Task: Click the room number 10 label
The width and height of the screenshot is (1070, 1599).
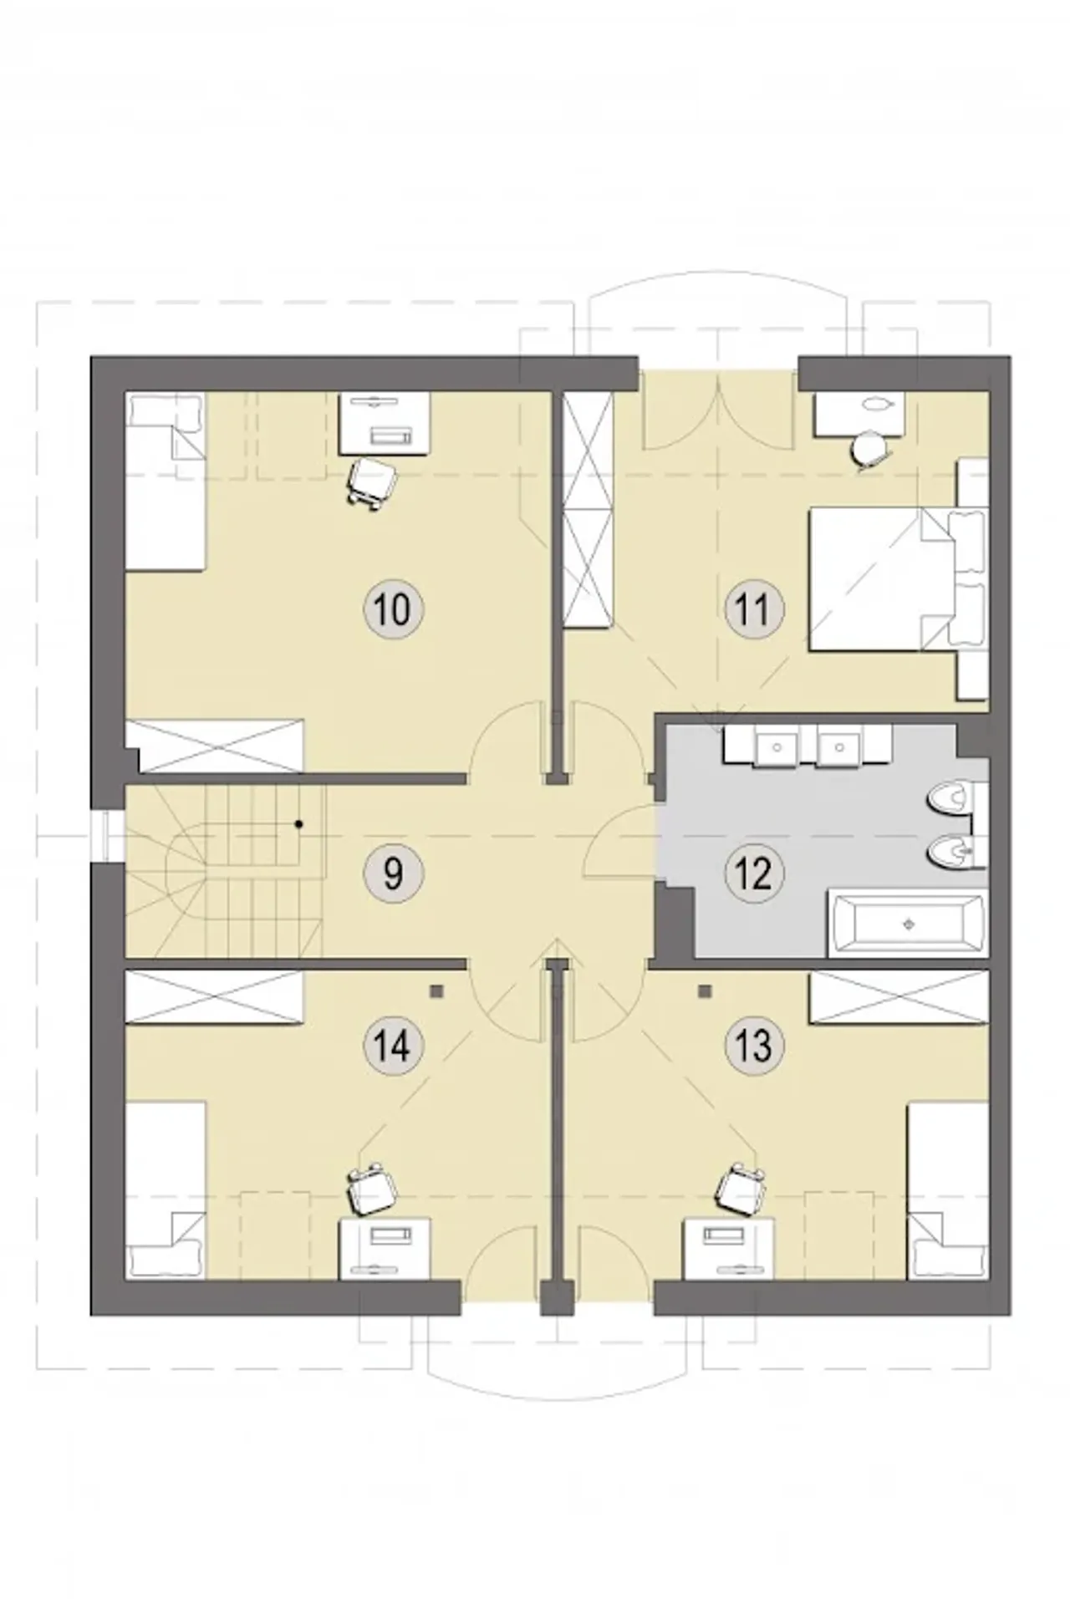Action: pos(393,609)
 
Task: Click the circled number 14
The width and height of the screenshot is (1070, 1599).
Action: pos(393,1045)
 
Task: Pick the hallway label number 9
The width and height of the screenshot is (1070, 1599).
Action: pos(393,873)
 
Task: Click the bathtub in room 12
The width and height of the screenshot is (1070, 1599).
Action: pos(907,924)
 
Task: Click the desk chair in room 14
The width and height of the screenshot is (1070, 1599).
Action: pos(370,1189)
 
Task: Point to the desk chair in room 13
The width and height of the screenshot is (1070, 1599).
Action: pos(742,1189)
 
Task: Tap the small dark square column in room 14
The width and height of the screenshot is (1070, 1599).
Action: pos(436,991)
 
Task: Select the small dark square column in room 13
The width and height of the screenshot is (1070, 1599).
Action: pos(706,991)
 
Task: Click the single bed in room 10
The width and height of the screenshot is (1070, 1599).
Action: pos(165,483)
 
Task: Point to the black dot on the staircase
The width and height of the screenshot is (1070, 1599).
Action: pos(298,824)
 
